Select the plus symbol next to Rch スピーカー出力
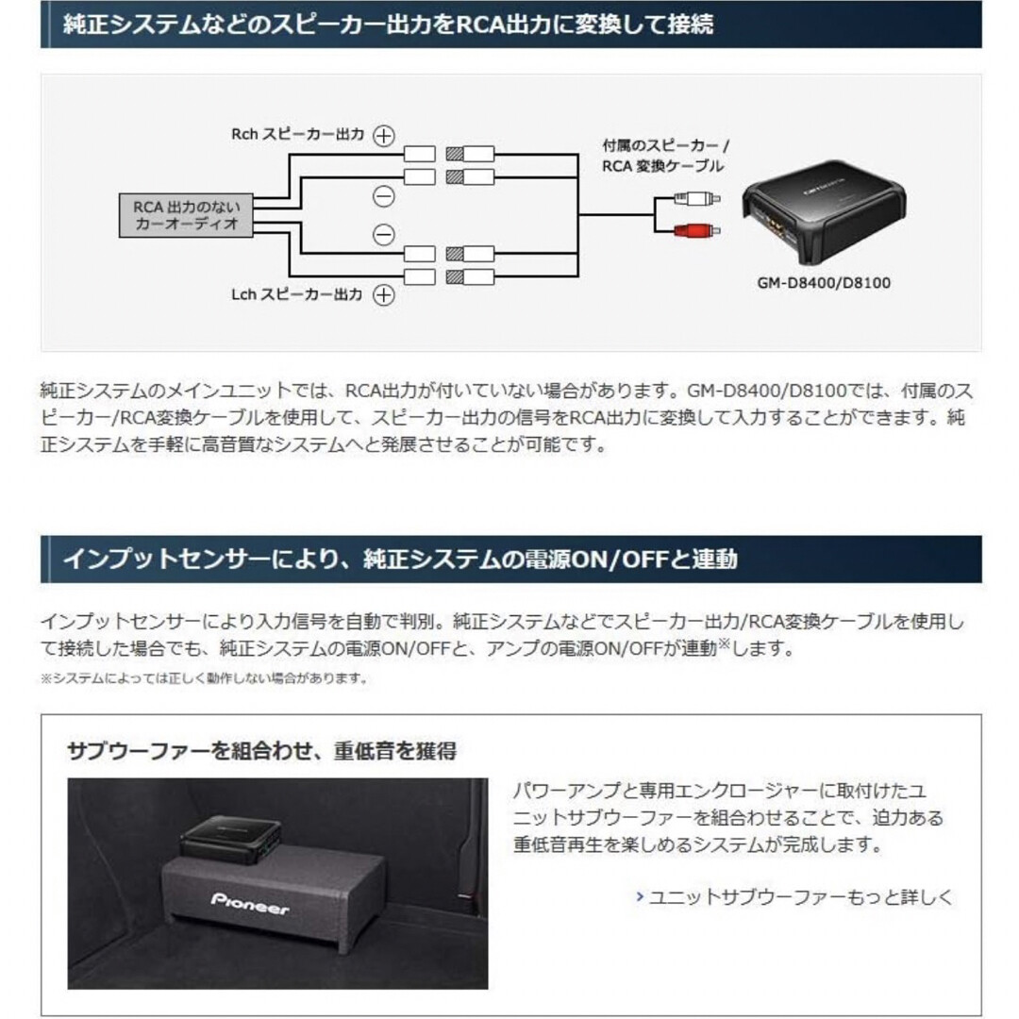[x=383, y=136]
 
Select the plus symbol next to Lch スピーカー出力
[x=383, y=295]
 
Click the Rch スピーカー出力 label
[x=297, y=135]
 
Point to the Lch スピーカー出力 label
[x=297, y=295]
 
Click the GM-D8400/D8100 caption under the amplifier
[x=823, y=281]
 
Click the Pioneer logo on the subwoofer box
[x=250, y=902]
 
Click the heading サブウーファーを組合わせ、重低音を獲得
[x=262, y=751]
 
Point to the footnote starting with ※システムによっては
[x=204, y=678]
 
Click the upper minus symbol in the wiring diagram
[x=383, y=196]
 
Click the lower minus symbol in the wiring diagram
[x=383, y=235]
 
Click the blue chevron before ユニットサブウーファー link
[x=640, y=896]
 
